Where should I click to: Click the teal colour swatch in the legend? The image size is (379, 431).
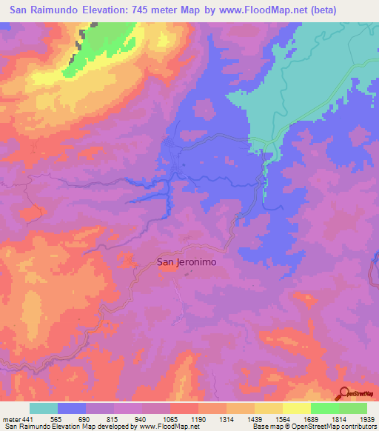pos(44,408)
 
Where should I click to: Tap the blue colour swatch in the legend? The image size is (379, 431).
pos(72,408)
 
